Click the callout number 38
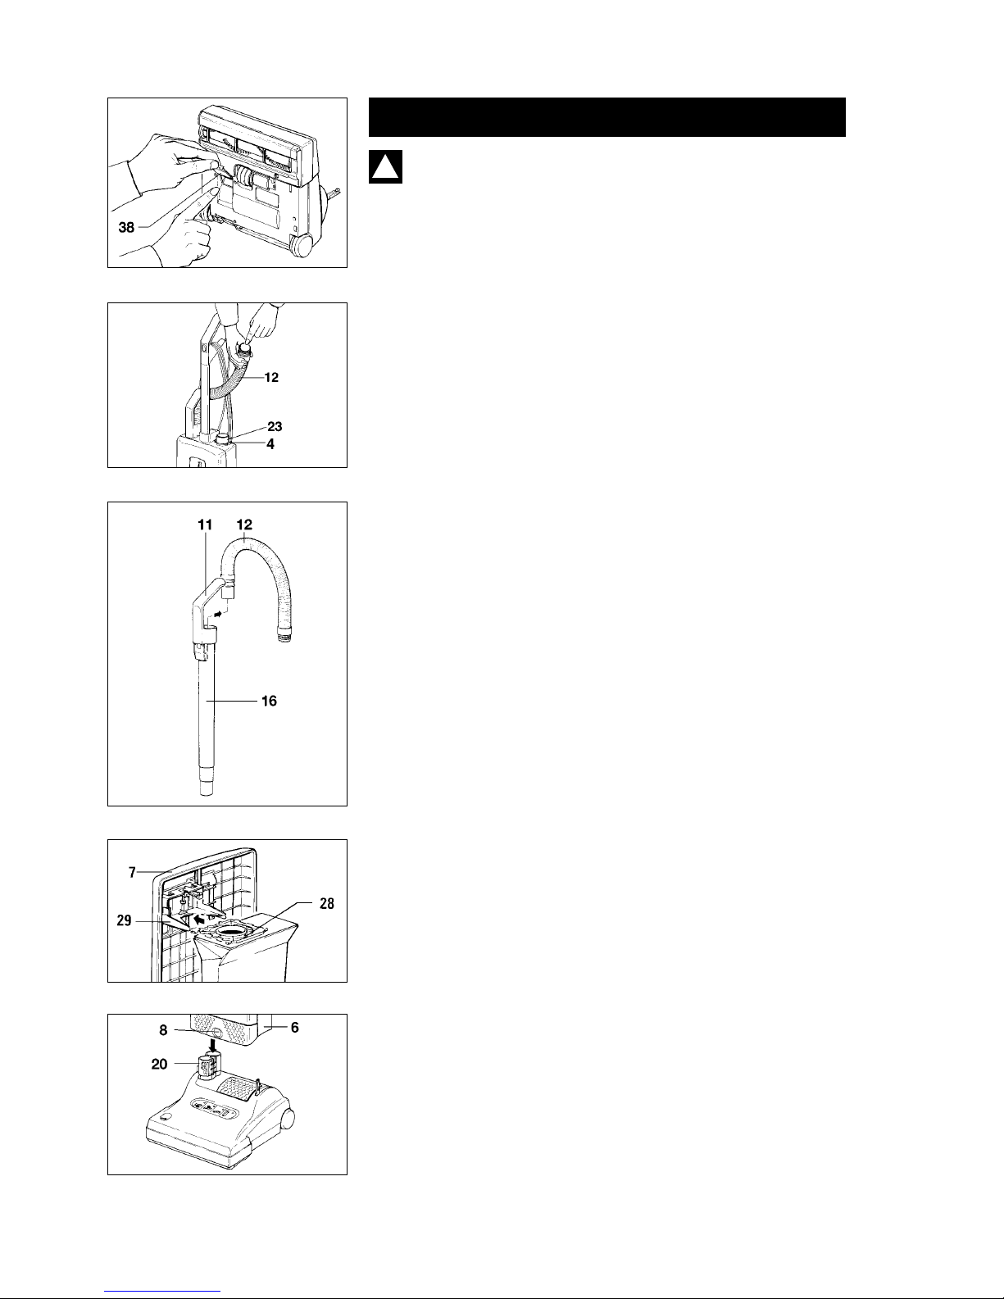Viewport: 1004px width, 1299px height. pos(126,227)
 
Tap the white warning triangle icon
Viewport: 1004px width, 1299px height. pos(385,167)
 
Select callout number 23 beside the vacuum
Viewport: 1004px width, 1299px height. pos(275,426)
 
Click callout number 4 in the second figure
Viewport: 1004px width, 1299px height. pos(270,444)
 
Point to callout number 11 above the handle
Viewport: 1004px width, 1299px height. pos(205,525)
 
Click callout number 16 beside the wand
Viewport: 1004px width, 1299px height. pos(269,701)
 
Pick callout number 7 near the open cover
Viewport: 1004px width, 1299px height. pos(132,872)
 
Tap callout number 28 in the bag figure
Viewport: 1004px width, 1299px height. pos(326,903)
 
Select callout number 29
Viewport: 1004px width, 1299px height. pos(124,920)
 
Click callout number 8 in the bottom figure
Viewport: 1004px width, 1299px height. pos(163,1030)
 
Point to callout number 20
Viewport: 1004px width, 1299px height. pos(159,1064)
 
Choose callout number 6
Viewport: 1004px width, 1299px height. pos(294,1027)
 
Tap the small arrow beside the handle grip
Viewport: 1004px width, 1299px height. pos(220,614)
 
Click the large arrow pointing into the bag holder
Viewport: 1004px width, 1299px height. pos(204,918)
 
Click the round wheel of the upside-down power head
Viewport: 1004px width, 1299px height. pos(302,245)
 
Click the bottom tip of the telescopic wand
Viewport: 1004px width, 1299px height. pos(206,794)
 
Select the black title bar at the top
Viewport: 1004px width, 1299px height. pos(606,117)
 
